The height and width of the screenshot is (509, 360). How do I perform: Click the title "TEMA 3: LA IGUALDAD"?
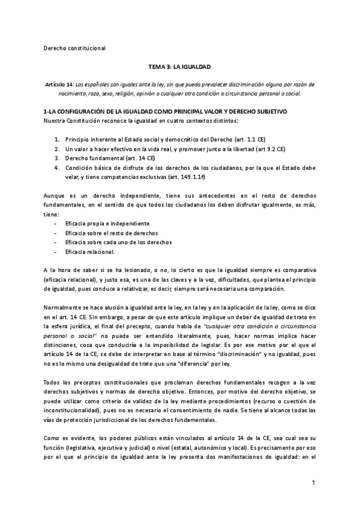[179, 68]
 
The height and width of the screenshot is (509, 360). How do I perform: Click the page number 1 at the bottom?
[313, 483]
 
